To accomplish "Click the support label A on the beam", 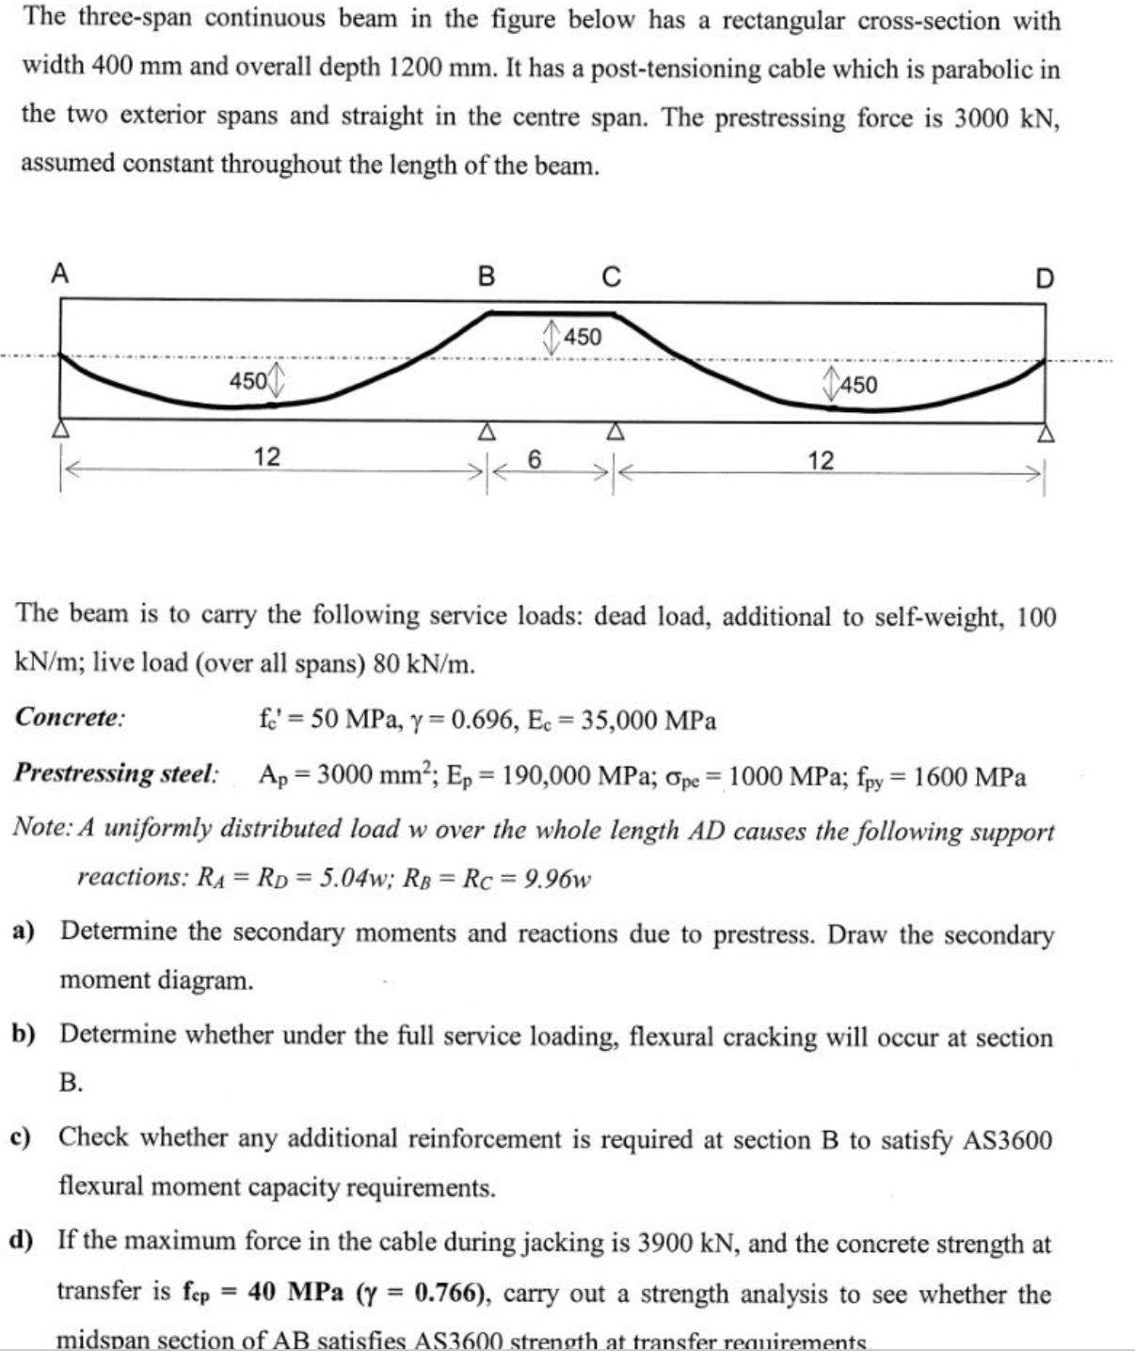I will click(60, 274).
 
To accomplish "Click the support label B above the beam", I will click(486, 277).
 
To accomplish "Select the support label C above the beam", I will click(612, 277).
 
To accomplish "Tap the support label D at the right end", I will click(1045, 279).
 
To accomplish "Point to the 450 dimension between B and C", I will click(582, 337).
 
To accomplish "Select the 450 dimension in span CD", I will click(857, 384).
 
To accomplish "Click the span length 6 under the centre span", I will click(535, 459).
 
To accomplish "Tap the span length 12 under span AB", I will click(266, 457).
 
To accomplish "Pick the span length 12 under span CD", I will click(821, 460).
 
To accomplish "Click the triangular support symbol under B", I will click(486, 432).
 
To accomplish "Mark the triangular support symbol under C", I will click(614, 432).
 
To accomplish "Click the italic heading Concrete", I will click(71, 719).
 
